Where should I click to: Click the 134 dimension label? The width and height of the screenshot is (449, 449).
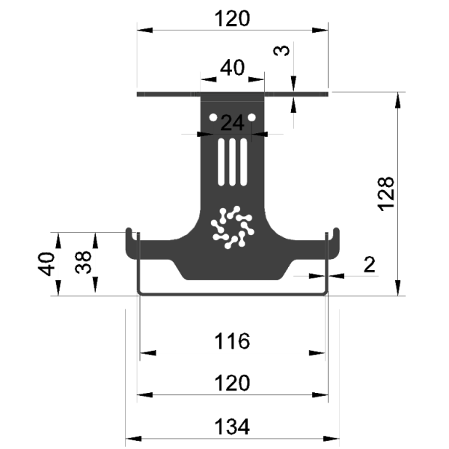click(x=232, y=427)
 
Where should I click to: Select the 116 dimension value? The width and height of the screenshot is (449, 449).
click(x=232, y=341)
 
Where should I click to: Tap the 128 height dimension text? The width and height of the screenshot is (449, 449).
click(x=386, y=194)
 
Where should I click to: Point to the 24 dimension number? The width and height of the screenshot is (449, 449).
click(x=233, y=123)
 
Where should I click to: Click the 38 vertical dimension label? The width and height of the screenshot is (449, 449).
click(x=83, y=263)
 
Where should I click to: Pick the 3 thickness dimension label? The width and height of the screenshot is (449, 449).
click(x=282, y=50)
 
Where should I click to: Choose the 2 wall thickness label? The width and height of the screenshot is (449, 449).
click(x=369, y=264)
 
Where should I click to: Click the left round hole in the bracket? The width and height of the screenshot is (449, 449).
click(x=213, y=117)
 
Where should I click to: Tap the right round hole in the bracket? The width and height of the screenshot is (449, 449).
click(x=251, y=117)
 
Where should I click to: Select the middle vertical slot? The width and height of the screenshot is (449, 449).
click(x=233, y=162)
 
